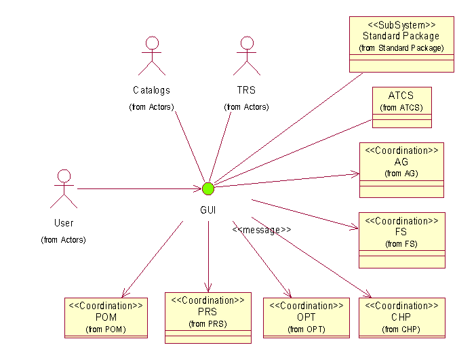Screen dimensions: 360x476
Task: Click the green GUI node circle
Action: [x=207, y=188]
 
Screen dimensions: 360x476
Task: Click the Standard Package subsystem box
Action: [x=401, y=44]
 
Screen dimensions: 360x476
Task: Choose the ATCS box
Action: [x=401, y=107]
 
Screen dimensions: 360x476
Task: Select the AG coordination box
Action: [x=401, y=169]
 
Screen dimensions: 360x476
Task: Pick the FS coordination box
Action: [x=401, y=240]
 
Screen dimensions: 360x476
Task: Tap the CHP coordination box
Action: [x=401, y=317]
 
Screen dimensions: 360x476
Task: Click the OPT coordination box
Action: [x=306, y=317]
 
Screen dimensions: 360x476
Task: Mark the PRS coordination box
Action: [x=207, y=317]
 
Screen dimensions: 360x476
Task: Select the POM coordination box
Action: [x=106, y=317]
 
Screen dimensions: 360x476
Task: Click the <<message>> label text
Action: [x=262, y=230]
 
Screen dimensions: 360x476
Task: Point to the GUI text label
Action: [x=207, y=210]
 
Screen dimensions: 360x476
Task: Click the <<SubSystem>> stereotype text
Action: [x=401, y=24]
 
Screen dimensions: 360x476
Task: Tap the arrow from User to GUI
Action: [x=136, y=188]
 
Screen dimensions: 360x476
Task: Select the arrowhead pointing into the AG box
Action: [x=355, y=174]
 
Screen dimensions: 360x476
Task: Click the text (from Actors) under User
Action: [x=64, y=239]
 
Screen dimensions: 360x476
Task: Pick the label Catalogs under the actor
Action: [x=151, y=90]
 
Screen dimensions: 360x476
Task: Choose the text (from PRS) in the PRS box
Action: [x=207, y=324]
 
